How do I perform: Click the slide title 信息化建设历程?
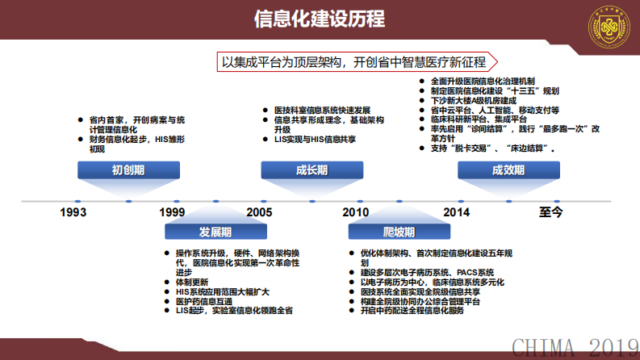[x=320, y=19]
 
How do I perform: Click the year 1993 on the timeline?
[x=73, y=212]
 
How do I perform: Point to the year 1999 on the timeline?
[x=172, y=212]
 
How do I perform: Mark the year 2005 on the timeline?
[x=260, y=212]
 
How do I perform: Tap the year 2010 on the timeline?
[x=355, y=212]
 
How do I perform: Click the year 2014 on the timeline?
[x=456, y=212]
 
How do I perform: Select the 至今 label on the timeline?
[x=551, y=212]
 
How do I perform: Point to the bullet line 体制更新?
[x=192, y=282]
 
